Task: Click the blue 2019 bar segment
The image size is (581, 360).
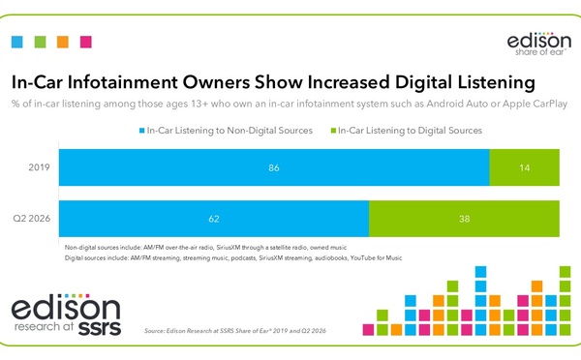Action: point(274,167)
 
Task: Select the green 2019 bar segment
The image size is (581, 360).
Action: point(524,167)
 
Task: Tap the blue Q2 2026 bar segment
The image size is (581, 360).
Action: point(214,219)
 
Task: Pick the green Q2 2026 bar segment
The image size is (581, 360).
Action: point(464,219)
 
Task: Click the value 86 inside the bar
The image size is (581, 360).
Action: point(274,167)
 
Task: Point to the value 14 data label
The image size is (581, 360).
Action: point(524,167)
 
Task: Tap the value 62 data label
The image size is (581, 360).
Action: point(214,219)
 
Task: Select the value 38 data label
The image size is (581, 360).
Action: point(464,219)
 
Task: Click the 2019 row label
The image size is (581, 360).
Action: point(39,167)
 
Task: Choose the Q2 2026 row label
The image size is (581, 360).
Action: point(32,219)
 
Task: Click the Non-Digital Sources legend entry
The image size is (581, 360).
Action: point(226,131)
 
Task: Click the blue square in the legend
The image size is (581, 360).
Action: point(141,131)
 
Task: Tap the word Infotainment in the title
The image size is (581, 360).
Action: point(123,82)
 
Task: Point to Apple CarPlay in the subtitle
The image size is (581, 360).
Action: point(535,105)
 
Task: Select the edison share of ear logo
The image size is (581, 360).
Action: point(539,45)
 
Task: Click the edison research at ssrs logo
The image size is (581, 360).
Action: point(66,315)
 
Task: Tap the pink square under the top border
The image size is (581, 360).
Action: point(86,42)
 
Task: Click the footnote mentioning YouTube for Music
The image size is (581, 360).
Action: point(233,257)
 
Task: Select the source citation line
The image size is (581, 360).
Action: point(235,331)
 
